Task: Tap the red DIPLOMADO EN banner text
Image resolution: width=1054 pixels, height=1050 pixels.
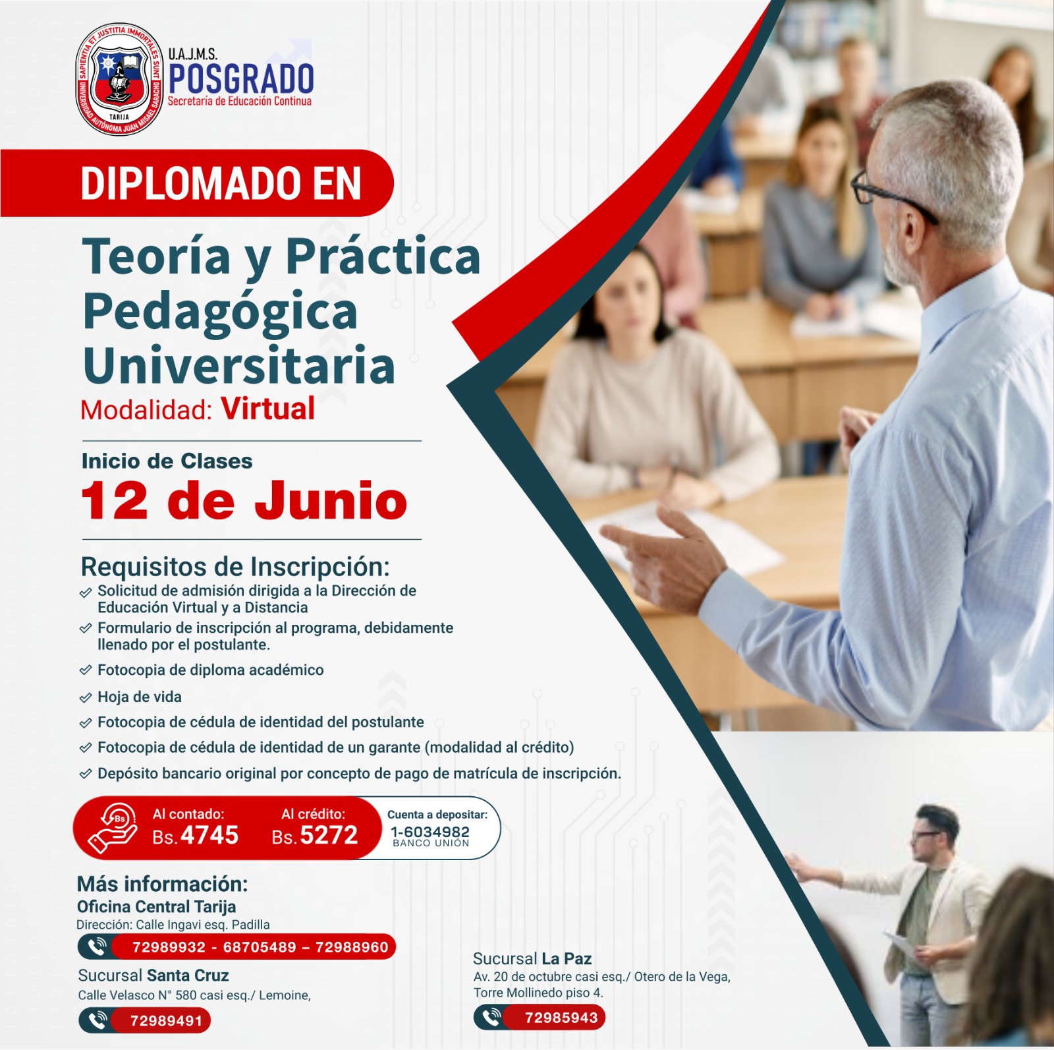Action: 221,183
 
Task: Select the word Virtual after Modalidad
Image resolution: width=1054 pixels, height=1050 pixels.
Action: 268,409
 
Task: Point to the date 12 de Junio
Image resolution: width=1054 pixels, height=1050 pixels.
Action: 244,500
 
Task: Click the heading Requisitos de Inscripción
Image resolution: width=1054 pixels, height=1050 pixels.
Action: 235,567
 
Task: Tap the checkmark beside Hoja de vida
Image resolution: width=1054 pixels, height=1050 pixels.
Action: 85,697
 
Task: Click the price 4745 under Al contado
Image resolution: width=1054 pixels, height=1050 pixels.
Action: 209,835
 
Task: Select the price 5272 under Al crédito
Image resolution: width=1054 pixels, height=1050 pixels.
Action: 329,835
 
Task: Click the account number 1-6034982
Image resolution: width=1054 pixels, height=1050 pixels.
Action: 430,832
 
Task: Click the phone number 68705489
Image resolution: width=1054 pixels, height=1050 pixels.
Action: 260,947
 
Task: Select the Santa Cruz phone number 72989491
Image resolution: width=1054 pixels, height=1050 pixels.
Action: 166,1021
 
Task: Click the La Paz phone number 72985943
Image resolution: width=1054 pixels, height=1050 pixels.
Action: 561,1018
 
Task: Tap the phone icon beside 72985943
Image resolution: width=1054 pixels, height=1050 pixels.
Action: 491,1017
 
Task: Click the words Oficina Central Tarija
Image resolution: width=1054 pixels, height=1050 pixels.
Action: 156,906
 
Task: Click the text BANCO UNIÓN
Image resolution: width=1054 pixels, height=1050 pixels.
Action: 431,843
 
